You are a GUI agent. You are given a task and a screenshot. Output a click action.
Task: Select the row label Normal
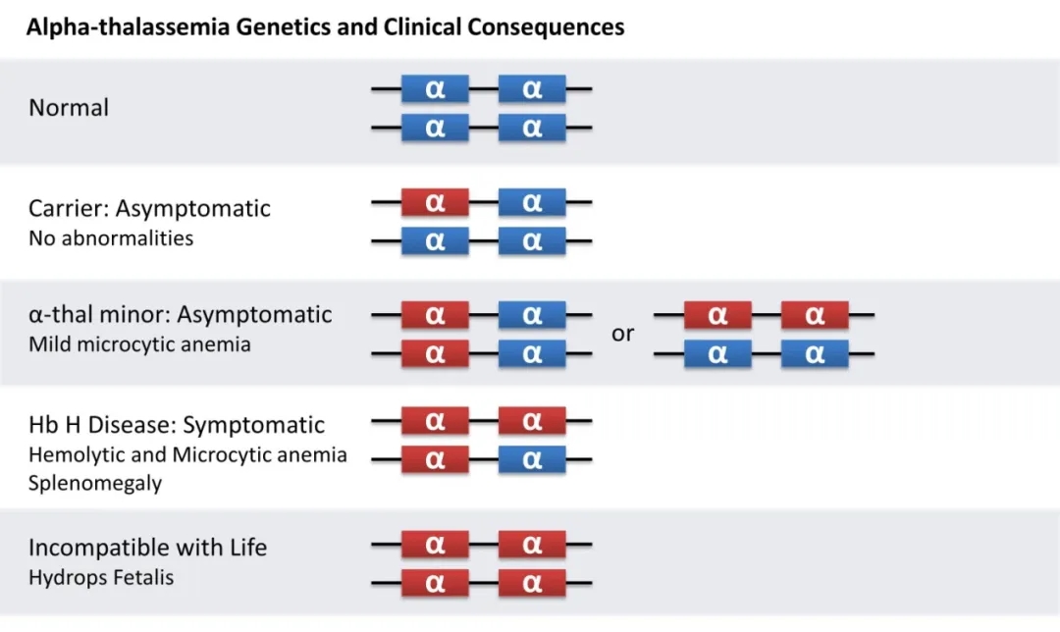69,108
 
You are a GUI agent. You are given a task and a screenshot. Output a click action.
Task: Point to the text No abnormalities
111,238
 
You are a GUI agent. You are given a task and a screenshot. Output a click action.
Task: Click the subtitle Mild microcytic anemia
139,344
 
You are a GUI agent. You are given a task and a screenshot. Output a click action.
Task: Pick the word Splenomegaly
95,484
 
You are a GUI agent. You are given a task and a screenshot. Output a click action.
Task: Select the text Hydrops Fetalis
101,577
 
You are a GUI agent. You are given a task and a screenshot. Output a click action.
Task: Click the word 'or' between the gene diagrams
623,334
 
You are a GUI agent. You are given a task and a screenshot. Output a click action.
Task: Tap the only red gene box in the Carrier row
435,203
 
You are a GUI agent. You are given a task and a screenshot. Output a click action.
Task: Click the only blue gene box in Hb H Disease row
532,458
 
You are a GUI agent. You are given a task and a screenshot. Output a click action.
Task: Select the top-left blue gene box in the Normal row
435,89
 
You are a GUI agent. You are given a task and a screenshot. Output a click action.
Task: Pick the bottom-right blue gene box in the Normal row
532,128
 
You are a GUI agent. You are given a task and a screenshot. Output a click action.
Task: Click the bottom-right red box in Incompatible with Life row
532,583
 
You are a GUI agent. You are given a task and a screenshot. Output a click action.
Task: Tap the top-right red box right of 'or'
815,316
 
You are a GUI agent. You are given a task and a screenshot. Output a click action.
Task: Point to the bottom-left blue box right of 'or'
717,354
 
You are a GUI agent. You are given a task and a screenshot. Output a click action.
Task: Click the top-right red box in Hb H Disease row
532,421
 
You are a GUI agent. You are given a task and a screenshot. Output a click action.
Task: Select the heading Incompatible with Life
147,548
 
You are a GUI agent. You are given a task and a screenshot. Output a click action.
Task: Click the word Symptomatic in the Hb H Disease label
254,426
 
